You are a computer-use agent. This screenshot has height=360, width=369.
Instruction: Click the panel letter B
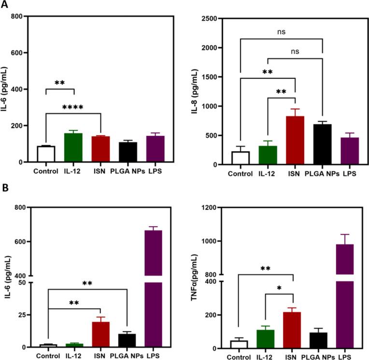click(5, 198)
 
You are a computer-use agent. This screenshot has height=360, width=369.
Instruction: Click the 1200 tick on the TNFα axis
click(217, 208)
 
